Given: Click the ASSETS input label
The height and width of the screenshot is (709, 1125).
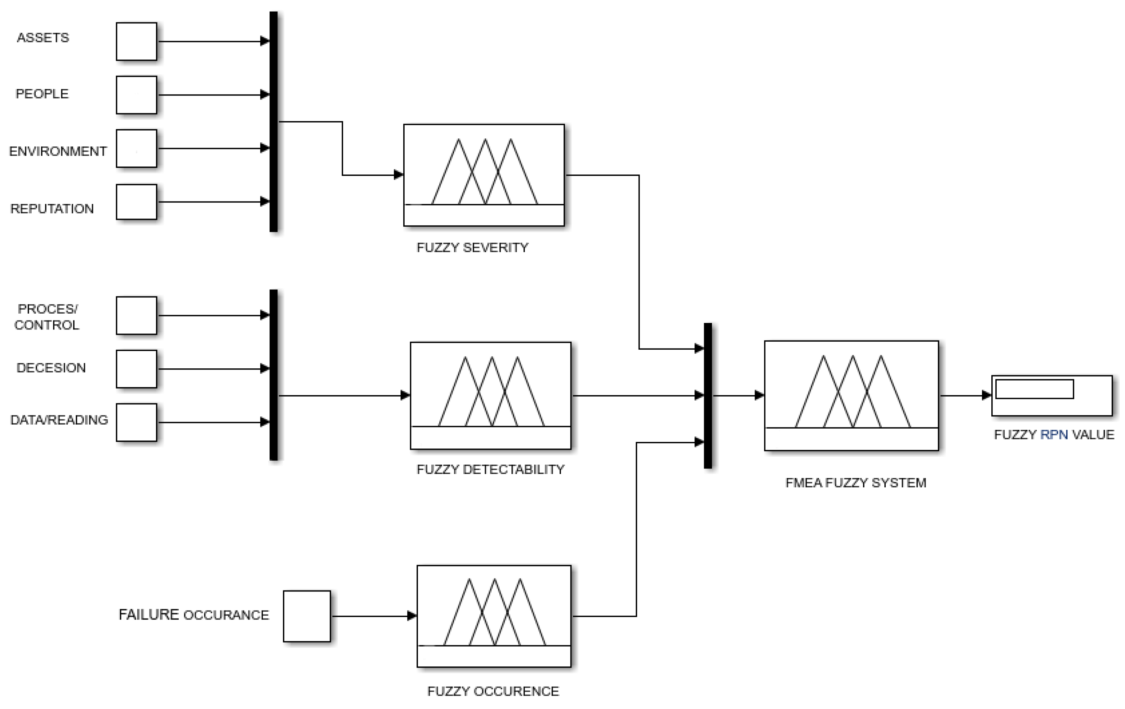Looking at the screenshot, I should pyautogui.click(x=43, y=37).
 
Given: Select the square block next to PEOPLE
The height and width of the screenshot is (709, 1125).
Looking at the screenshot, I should pyautogui.click(x=137, y=95).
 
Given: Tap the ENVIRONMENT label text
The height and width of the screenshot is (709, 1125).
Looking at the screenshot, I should pyautogui.click(x=58, y=151).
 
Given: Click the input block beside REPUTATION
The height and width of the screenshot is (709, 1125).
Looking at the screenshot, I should pyautogui.click(x=137, y=202).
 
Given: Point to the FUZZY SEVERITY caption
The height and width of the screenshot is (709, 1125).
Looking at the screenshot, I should pyautogui.click(x=472, y=247).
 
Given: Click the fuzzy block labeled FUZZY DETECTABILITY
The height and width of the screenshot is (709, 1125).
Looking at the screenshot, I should pyautogui.click(x=490, y=395).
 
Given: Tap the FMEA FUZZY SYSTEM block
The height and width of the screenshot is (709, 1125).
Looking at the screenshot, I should pyautogui.click(x=851, y=395).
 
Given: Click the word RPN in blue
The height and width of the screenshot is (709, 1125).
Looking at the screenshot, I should pyautogui.click(x=1054, y=435).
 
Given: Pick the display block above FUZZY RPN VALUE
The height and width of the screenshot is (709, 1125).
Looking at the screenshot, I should pyautogui.click(x=1051, y=395).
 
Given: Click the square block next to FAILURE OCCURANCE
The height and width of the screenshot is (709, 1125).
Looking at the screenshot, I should pyautogui.click(x=307, y=616).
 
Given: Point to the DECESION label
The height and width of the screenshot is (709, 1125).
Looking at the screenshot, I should pyautogui.click(x=51, y=368).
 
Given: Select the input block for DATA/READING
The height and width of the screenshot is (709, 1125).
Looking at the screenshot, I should pyautogui.click(x=137, y=422).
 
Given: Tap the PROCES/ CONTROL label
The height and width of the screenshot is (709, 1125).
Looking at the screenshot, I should pyautogui.click(x=47, y=317).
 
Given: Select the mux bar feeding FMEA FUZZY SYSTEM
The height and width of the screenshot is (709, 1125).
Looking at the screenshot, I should pyautogui.click(x=708, y=395).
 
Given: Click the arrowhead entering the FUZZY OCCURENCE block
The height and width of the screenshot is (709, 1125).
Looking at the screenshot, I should pyautogui.click(x=412, y=616).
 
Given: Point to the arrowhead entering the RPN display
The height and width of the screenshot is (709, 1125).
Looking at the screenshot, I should pyautogui.click(x=986, y=395).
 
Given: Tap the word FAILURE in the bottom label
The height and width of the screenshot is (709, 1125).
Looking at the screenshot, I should pyautogui.click(x=148, y=614).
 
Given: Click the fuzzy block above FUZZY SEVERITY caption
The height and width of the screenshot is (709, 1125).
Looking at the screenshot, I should pyautogui.click(x=484, y=175).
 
